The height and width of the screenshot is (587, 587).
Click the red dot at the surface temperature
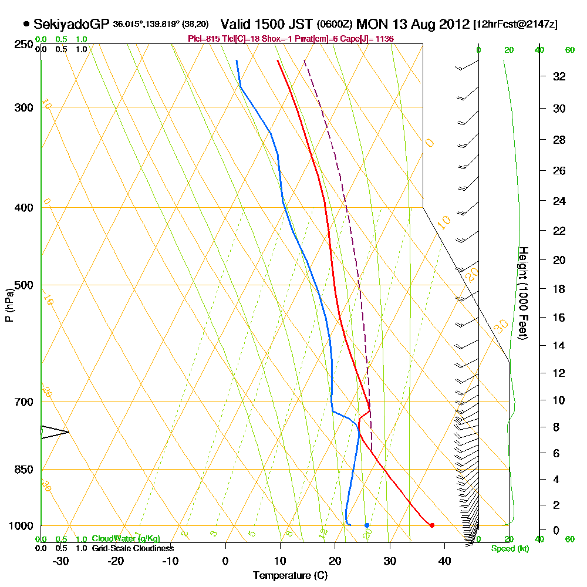tap(432, 525)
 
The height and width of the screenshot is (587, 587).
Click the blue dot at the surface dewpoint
tap(367, 525)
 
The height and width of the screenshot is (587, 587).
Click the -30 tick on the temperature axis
tap(60, 561)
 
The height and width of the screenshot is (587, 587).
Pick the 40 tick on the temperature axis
tap(444, 561)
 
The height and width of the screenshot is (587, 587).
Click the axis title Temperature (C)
tap(290, 576)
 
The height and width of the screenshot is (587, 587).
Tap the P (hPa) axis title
tap(9, 305)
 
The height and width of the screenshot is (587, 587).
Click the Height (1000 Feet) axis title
tap(522, 292)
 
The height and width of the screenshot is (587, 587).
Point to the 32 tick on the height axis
tap(559, 76)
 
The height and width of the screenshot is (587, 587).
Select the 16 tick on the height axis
tap(559, 318)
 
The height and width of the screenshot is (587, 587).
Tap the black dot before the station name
tap(26, 24)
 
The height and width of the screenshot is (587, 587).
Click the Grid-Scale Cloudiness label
tap(132, 548)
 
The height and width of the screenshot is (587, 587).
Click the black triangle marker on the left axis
tap(55, 432)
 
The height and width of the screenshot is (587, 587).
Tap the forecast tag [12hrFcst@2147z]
tap(515, 25)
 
